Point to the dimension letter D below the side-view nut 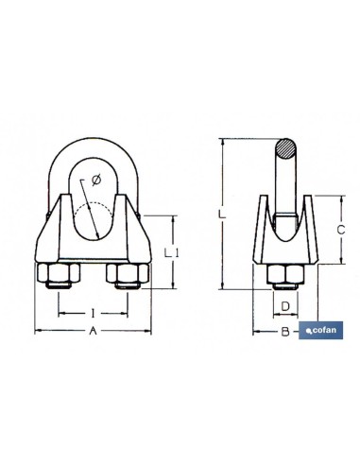pos(284,305)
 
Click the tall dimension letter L pos(220,216)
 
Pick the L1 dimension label pos(170,252)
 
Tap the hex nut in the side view pos(284,276)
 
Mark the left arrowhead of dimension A pos(37,331)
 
